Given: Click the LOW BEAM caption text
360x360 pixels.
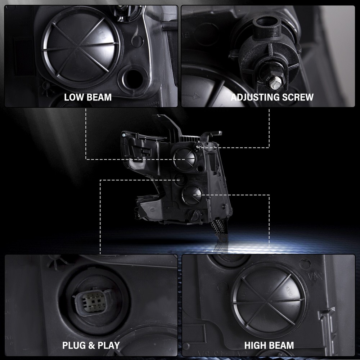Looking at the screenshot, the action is click(88, 97).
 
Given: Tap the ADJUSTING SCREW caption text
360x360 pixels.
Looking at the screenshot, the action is click(272, 97).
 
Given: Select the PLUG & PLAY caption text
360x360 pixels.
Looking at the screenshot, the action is click(91, 345).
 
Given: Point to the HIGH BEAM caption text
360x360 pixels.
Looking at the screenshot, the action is click(269, 345).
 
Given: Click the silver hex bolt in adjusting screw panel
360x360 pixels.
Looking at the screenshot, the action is click(275, 83).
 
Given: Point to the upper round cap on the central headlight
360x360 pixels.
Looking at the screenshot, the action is click(184, 159).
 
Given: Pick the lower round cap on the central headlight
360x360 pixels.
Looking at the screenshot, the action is click(192, 195).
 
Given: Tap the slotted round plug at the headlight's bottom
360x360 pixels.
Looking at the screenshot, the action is click(194, 215).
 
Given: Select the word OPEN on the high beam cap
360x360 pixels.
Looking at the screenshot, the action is click(289, 291).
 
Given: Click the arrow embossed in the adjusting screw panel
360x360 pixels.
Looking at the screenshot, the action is click(192, 96).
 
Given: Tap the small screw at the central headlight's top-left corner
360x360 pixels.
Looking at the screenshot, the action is click(124, 135).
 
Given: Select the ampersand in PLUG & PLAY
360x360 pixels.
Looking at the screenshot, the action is click(91, 346).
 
